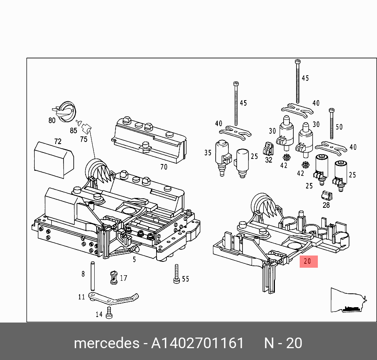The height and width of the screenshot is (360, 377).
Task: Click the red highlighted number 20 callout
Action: (x=308, y=261)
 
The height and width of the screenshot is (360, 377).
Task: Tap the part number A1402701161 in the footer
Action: (x=198, y=343)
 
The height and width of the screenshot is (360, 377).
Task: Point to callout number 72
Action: (x=58, y=141)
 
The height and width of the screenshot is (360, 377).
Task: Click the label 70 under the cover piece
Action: (x=164, y=167)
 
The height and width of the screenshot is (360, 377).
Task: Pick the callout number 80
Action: (x=52, y=120)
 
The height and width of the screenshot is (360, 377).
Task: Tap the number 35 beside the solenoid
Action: (x=208, y=153)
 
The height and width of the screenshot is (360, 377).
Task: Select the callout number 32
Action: (x=269, y=160)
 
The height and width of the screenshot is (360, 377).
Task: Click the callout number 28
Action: (x=326, y=205)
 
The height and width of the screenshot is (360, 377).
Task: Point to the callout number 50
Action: (x=339, y=127)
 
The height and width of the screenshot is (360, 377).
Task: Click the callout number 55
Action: (x=185, y=279)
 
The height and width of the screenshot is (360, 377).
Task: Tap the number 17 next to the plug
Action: (x=123, y=278)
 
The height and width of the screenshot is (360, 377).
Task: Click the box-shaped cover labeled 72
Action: (x=54, y=160)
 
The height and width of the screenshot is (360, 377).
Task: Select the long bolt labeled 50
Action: (x=332, y=124)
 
